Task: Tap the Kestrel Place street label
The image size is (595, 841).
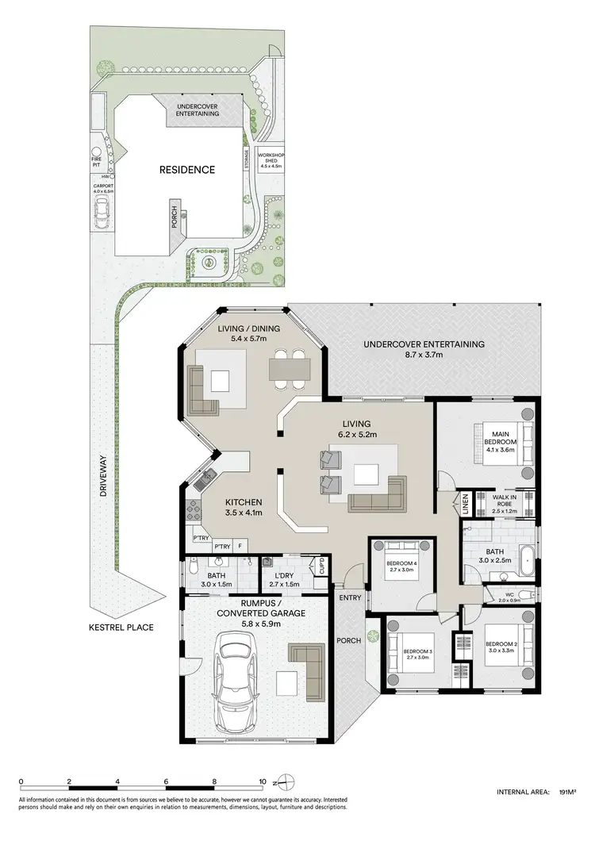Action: point(121,627)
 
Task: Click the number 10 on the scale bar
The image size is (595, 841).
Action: point(263,780)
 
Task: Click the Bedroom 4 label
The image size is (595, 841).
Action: point(401,566)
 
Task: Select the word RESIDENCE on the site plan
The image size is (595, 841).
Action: point(187,169)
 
